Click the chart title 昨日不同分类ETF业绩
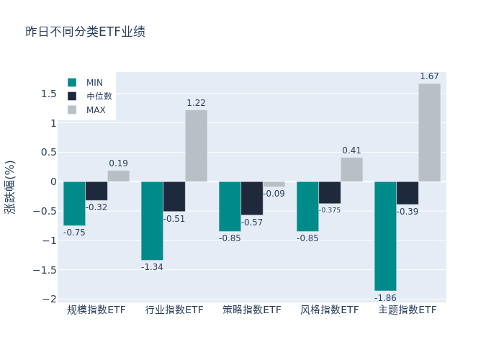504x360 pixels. tap(85, 32)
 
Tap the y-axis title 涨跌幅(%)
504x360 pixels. tap(10, 186)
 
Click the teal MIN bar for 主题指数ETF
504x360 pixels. tap(385, 235)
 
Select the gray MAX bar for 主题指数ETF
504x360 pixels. tap(429, 132)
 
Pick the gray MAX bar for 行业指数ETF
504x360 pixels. tap(196, 145)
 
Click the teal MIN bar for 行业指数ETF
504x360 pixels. tap(152, 220)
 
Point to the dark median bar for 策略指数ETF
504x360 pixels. tap(252, 198)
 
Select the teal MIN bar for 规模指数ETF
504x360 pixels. tap(74, 203)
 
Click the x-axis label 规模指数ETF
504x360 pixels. tap(96, 310)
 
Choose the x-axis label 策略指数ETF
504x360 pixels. tap(252, 310)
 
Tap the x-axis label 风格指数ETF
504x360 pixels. tap(330, 310)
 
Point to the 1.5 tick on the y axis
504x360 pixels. tap(48, 94)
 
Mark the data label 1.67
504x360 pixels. tap(429, 76)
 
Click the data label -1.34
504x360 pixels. tap(152, 267)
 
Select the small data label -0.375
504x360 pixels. tap(330, 210)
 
